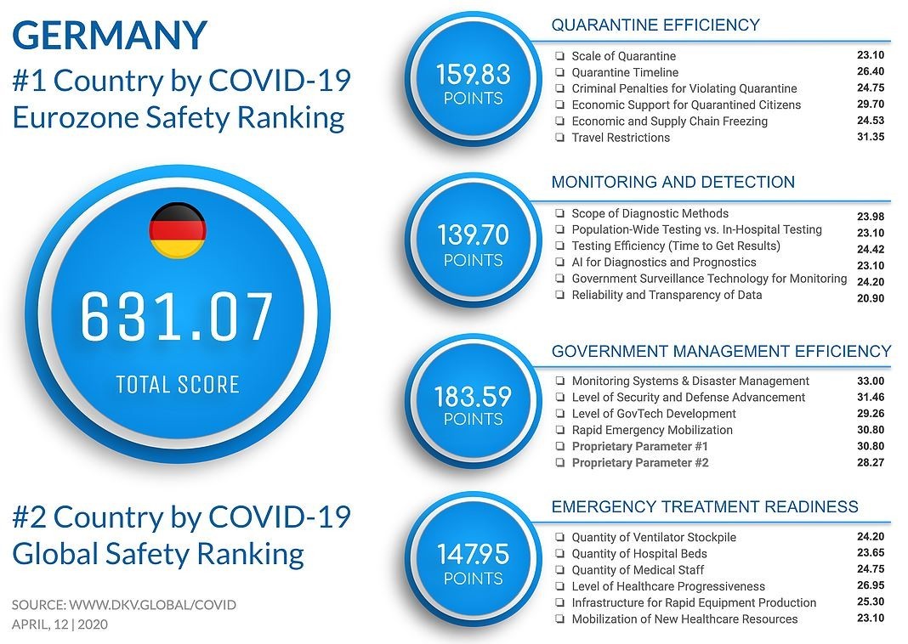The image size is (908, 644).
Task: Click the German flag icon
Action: click(x=178, y=230)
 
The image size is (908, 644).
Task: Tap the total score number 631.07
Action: click(x=178, y=316)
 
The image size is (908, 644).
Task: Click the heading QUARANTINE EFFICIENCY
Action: click(x=655, y=25)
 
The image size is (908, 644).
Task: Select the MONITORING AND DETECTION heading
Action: click(x=672, y=183)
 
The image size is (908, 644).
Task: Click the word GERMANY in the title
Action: click(x=110, y=36)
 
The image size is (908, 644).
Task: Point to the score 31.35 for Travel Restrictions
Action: click(x=871, y=136)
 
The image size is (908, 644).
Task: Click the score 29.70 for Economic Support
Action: click(x=871, y=104)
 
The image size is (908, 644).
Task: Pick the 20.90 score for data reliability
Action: click(x=871, y=297)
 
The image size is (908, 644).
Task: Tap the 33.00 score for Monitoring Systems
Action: click(x=871, y=381)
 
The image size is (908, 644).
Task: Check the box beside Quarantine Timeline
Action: click(x=560, y=72)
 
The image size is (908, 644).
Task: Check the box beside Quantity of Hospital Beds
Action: click(x=560, y=554)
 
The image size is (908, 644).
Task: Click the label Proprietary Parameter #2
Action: click(x=639, y=463)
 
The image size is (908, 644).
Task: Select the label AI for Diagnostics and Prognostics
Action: click(x=663, y=263)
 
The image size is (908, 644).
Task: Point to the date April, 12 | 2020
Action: click(x=60, y=624)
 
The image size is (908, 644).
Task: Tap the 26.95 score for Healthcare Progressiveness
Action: click(x=871, y=585)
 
